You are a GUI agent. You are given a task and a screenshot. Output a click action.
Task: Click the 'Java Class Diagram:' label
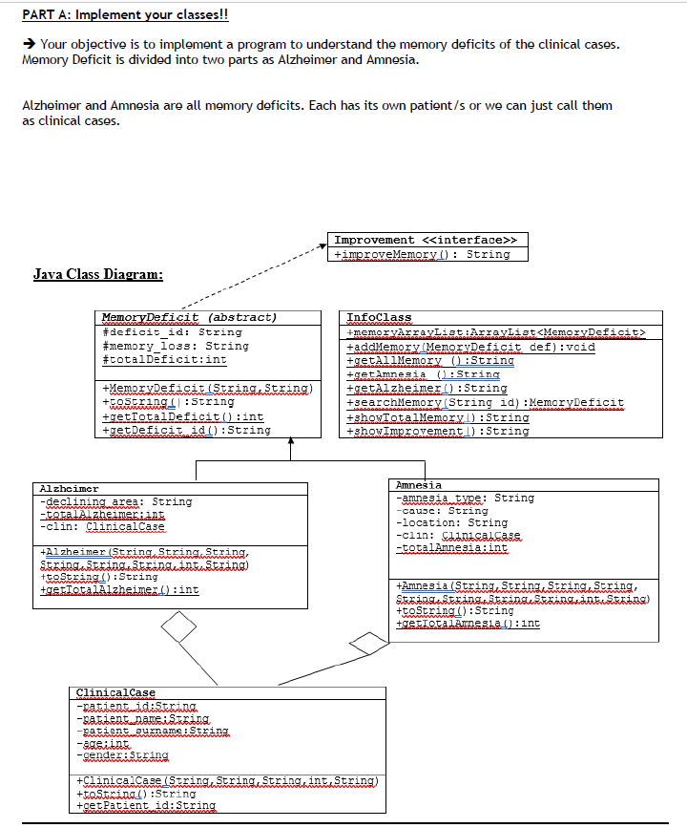click(x=98, y=275)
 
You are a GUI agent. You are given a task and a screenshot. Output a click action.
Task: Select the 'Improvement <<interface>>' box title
click(x=427, y=240)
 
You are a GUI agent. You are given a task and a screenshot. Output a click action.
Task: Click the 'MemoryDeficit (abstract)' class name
click(x=189, y=317)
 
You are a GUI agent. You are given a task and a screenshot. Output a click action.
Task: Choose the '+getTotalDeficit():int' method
click(x=182, y=416)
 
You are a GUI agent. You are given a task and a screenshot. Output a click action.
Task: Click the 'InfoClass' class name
click(x=379, y=317)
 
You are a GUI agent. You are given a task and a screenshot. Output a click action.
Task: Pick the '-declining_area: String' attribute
click(x=114, y=501)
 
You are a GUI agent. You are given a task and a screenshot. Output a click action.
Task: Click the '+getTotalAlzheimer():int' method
click(x=119, y=590)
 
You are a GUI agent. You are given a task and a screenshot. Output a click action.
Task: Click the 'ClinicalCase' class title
click(x=114, y=692)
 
